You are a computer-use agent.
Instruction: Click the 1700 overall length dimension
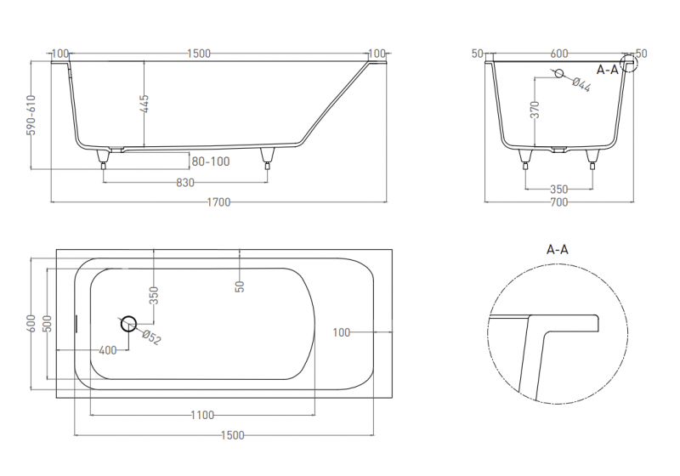[218, 202]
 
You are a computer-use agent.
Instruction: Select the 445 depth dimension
[144, 104]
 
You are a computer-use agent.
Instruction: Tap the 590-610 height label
[31, 115]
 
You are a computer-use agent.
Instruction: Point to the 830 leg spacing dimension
[185, 183]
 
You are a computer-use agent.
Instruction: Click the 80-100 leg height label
[211, 161]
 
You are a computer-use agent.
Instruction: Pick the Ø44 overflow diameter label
[581, 84]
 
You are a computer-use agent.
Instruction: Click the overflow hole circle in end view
[559, 73]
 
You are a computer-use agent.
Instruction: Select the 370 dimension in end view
[535, 110]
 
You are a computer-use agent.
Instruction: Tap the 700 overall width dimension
[559, 202]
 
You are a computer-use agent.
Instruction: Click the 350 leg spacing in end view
[559, 190]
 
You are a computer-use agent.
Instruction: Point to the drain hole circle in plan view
[128, 323]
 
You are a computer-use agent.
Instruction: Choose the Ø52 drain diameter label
[151, 337]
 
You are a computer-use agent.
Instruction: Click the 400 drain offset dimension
[108, 350]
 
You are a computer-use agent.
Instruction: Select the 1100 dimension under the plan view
[202, 416]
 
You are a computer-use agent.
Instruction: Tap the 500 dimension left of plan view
[48, 323]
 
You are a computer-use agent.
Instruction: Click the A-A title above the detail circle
[558, 250]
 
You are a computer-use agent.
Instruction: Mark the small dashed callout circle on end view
[629, 63]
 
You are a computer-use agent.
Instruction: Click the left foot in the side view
[103, 159]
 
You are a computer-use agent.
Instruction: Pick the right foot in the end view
[592, 159]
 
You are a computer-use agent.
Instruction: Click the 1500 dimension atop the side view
[199, 54]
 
